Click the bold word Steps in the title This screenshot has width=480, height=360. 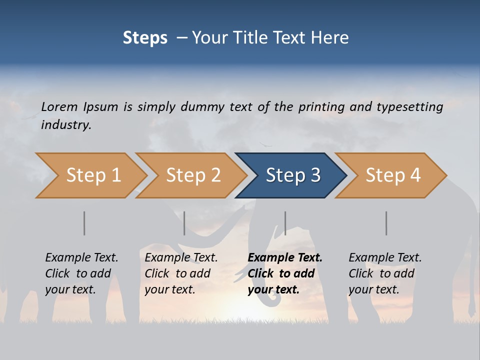coord(145,38)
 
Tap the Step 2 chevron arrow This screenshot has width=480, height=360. coord(193,175)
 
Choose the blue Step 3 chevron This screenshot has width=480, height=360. coord(293,175)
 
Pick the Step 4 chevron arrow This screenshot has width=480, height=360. coord(393,175)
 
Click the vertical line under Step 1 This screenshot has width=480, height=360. coord(84,223)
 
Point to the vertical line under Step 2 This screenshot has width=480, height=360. coord(184,223)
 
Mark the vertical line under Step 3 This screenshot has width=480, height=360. coord(285,223)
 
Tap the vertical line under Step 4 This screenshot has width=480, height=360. coord(386,223)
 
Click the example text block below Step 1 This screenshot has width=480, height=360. coord(81,273)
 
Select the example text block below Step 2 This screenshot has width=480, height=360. coord(181,273)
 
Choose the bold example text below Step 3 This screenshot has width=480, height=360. coord(285,273)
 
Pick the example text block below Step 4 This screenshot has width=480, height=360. coord(385,273)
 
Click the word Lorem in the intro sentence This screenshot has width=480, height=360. coord(59,106)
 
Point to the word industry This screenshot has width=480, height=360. coord(66,125)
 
